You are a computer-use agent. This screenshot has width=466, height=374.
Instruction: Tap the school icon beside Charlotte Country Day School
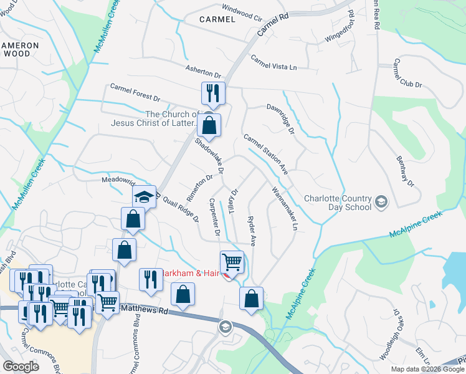click(x=381, y=202)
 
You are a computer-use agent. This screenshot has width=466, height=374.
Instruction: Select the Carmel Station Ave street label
click(x=266, y=155)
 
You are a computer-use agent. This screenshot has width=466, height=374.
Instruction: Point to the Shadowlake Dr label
click(x=209, y=157)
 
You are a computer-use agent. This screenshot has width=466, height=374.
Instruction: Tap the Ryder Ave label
click(x=251, y=230)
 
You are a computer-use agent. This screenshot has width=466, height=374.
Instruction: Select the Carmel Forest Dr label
click(x=135, y=93)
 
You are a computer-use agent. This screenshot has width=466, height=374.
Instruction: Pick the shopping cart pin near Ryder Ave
click(x=232, y=262)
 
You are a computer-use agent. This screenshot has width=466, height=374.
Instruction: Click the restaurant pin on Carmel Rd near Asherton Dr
click(x=212, y=93)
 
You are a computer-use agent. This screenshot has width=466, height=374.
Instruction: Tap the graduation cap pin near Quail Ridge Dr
click(x=144, y=198)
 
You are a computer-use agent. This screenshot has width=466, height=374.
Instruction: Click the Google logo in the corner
click(x=21, y=366)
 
